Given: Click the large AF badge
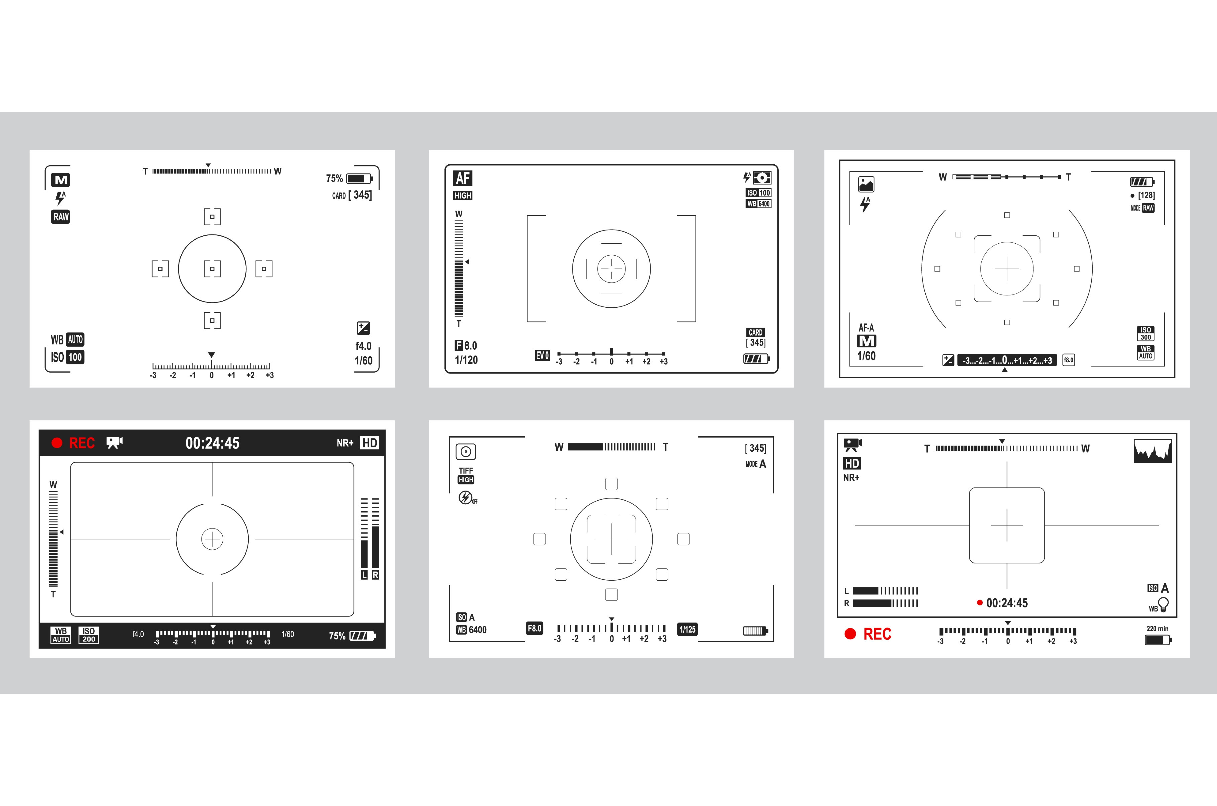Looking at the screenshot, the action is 462,178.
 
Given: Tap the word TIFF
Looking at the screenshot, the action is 466,470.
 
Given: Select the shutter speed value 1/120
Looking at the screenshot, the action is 466,360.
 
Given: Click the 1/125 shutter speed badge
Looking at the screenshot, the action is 687,629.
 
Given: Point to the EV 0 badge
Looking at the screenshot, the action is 542,355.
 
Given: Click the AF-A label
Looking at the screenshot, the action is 866,327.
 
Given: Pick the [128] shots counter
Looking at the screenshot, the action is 1146,195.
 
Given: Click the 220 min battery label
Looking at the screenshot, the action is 1157,629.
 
